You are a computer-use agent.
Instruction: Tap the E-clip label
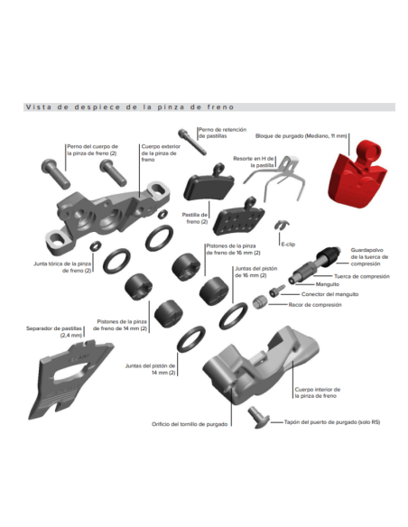point(288,245)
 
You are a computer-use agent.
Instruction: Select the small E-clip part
point(282,225)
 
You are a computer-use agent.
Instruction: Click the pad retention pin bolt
point(192,142)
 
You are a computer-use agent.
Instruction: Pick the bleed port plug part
point(258,418)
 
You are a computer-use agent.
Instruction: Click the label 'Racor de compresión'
point(315,305)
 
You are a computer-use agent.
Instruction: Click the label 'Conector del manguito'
point(329,294)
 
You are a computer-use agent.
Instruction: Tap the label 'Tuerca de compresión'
point(362,276)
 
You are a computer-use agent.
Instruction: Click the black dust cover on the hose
point(328,255)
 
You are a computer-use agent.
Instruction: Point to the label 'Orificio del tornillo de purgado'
point(190,424)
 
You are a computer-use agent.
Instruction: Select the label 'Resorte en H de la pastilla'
point(254,162)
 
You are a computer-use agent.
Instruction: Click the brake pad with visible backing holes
point(238,217)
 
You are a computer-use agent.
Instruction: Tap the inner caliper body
point(261,365)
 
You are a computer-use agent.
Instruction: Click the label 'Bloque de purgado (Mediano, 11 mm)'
point(301,136)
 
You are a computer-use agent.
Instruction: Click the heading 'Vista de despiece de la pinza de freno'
point(130,107)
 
